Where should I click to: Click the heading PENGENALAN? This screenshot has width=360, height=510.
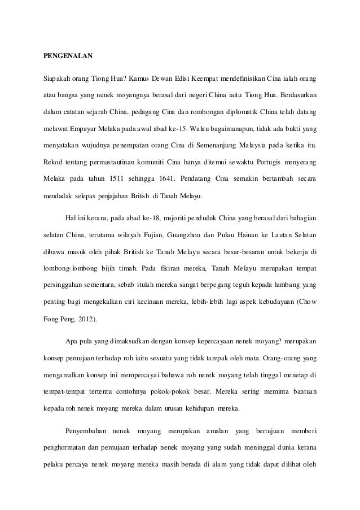68,57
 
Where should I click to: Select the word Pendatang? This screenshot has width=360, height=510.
233,178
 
